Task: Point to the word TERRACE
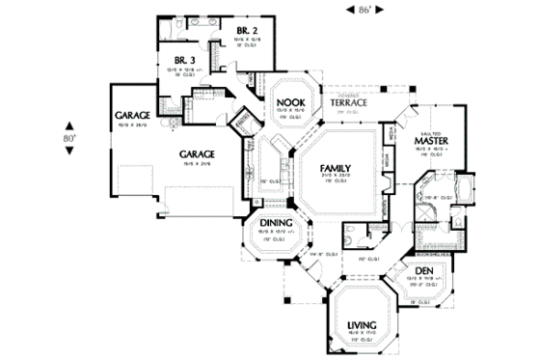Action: coord(347,102)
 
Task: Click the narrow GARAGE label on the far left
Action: coord(132,115)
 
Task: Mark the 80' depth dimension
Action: coord(70,138)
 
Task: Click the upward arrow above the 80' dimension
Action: coord(70,124)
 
